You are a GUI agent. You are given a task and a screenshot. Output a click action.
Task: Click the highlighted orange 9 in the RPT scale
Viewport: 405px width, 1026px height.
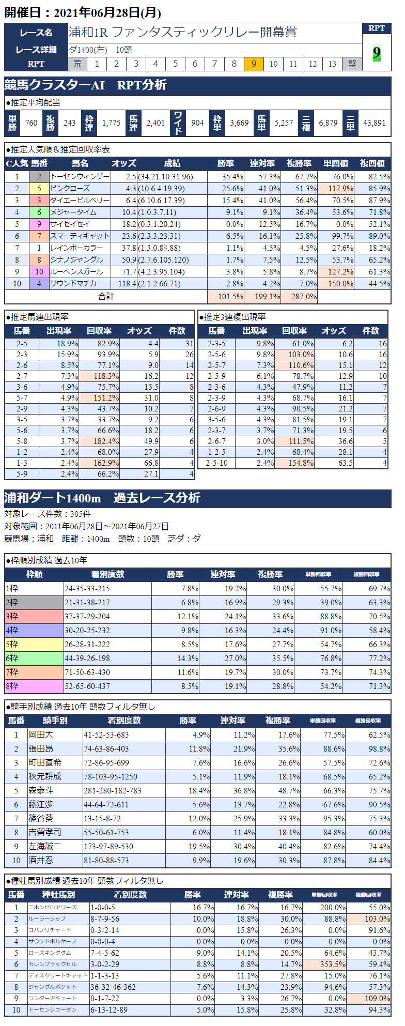point(254,64)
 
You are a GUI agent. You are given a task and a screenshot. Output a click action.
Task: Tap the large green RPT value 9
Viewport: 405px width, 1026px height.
point(377,53)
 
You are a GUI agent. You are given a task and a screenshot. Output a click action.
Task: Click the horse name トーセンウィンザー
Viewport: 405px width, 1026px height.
point(80,177)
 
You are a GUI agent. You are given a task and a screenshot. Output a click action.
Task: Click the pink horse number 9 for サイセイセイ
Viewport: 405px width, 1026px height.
point(39,224)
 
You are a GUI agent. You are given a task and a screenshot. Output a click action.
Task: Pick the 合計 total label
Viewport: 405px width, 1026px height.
point(106,296)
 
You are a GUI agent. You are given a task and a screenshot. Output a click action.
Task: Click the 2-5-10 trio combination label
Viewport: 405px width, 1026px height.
point(216,463)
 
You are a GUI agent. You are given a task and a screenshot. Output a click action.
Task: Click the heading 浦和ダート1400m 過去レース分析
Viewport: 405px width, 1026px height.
point(102,498)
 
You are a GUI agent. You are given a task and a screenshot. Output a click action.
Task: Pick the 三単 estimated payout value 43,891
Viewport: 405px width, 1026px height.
point(374,123)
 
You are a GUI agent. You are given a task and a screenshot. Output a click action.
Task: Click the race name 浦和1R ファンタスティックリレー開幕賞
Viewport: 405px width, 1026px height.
point(183,33)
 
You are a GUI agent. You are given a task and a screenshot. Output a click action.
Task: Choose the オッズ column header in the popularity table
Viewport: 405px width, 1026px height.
point(124,163)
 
